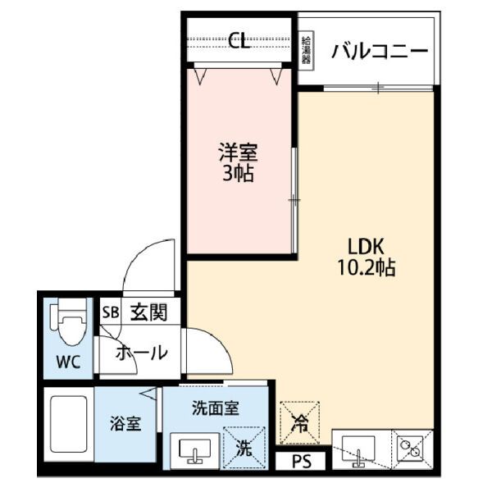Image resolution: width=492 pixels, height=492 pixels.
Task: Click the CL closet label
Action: click(x=239, y=42)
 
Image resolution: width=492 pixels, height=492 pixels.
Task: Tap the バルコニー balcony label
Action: click(x=379, y=52)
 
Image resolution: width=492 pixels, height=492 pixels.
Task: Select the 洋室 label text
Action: click(x=237, y=153)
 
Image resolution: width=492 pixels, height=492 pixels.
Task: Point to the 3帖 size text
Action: click(x=237, y=174)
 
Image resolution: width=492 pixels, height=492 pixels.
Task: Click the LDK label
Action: click(x=366, y=246)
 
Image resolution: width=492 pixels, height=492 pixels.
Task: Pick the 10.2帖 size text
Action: click(x=366, y=268)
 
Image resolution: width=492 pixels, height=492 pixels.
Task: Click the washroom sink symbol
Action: click(x=195, y=449)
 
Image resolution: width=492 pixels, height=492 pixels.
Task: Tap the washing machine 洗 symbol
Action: click(x=245, y=448)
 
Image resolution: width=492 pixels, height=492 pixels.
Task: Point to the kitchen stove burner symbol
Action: click(x=410, y=449)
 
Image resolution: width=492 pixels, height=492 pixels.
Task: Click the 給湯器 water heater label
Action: click(x=306, y=51)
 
